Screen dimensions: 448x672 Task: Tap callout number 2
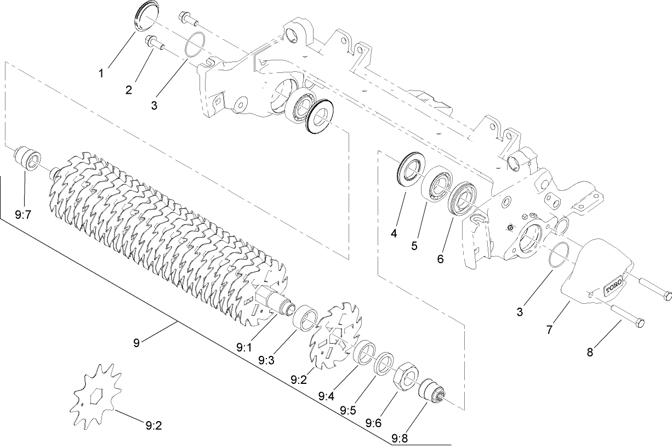(x=128, y=90)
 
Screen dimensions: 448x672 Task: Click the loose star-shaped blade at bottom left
(x=95, y=396)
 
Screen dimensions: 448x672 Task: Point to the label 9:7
(x=24, y=216)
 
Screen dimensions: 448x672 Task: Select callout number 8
(x=590, y=352)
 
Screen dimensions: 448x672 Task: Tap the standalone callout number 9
(x=136, y=343)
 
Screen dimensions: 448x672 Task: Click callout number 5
(x=414, y=246)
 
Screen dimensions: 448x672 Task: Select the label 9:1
(x=244, y=347)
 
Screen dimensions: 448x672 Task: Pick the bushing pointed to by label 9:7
(x=27, y=158)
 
